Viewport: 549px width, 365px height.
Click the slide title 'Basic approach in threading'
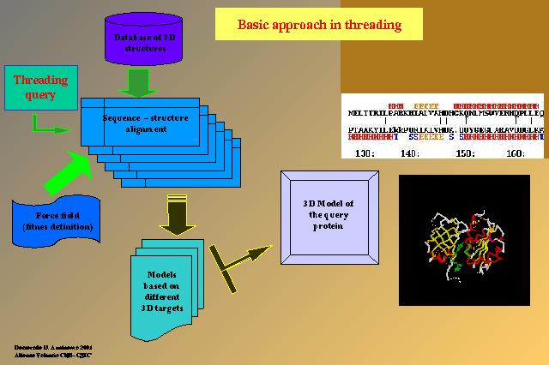tap(318, 24)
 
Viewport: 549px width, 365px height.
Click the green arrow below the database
tap(137, 83)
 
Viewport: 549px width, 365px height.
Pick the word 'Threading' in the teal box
tap(40, 81)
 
